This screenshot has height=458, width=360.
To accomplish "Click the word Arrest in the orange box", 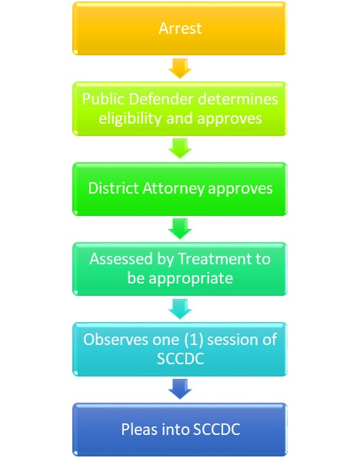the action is click(x=180, y=28).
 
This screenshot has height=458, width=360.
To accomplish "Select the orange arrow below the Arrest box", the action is click(x=180, y=68).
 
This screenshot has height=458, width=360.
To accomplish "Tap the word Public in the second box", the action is click(x=103, y=99).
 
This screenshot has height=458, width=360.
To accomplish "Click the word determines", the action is click(x=238, y=98).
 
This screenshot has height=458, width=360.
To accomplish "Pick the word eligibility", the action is click(x=130, y=118).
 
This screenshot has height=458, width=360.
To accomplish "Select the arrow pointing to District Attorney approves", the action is click(x=180, y=148).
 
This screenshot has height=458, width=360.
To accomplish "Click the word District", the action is click(x=113, y=188).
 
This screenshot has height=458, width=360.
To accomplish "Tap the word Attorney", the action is click(x=173, y=189).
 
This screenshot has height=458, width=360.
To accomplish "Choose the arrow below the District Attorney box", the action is click(x=180, y=229).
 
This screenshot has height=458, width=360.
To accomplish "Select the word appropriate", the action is click(x=191, y=279).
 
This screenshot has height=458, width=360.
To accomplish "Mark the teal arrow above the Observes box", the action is click(x=180, y=309).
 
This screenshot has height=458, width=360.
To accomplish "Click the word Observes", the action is click(x=115, y=340).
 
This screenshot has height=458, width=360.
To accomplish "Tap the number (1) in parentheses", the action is click(x=194, y=340).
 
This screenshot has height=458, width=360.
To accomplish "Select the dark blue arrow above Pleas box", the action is click(x=180, y=389).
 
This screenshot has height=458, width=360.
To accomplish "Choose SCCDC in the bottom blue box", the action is click(x=217, y=430).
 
